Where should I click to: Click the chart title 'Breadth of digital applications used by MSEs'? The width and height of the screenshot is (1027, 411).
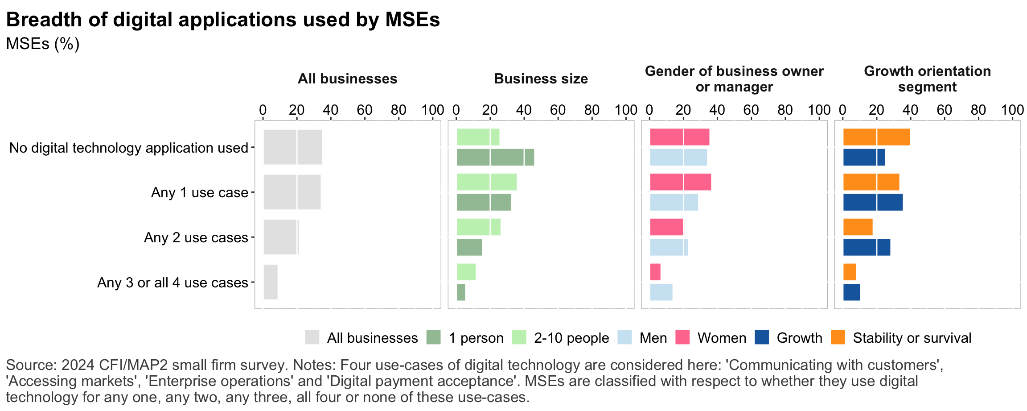223,20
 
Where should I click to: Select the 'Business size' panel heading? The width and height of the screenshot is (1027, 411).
541,79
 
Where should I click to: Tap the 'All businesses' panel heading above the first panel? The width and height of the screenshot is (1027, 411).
347,79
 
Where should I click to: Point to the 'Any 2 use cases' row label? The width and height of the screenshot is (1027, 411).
196,238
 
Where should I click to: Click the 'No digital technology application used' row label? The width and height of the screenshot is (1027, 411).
128,148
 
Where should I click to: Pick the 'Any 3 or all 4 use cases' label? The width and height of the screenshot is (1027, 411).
173,283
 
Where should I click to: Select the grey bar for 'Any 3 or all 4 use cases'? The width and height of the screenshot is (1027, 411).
271,282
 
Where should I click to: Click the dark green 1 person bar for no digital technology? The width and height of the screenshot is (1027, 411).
495,158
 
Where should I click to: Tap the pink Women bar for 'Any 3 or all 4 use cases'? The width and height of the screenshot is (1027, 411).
655,272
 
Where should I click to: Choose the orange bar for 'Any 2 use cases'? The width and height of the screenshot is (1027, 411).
858,227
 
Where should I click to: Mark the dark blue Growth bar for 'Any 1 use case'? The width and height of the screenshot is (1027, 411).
873,202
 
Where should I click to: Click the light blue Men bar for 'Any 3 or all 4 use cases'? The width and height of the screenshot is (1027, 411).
661,292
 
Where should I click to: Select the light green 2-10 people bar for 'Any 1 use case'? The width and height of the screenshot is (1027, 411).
486,182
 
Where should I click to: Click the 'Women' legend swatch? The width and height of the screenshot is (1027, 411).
682,337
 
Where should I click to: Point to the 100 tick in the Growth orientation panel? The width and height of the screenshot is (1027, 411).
1012,110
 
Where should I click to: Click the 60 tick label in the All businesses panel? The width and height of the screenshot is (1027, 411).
365,110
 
